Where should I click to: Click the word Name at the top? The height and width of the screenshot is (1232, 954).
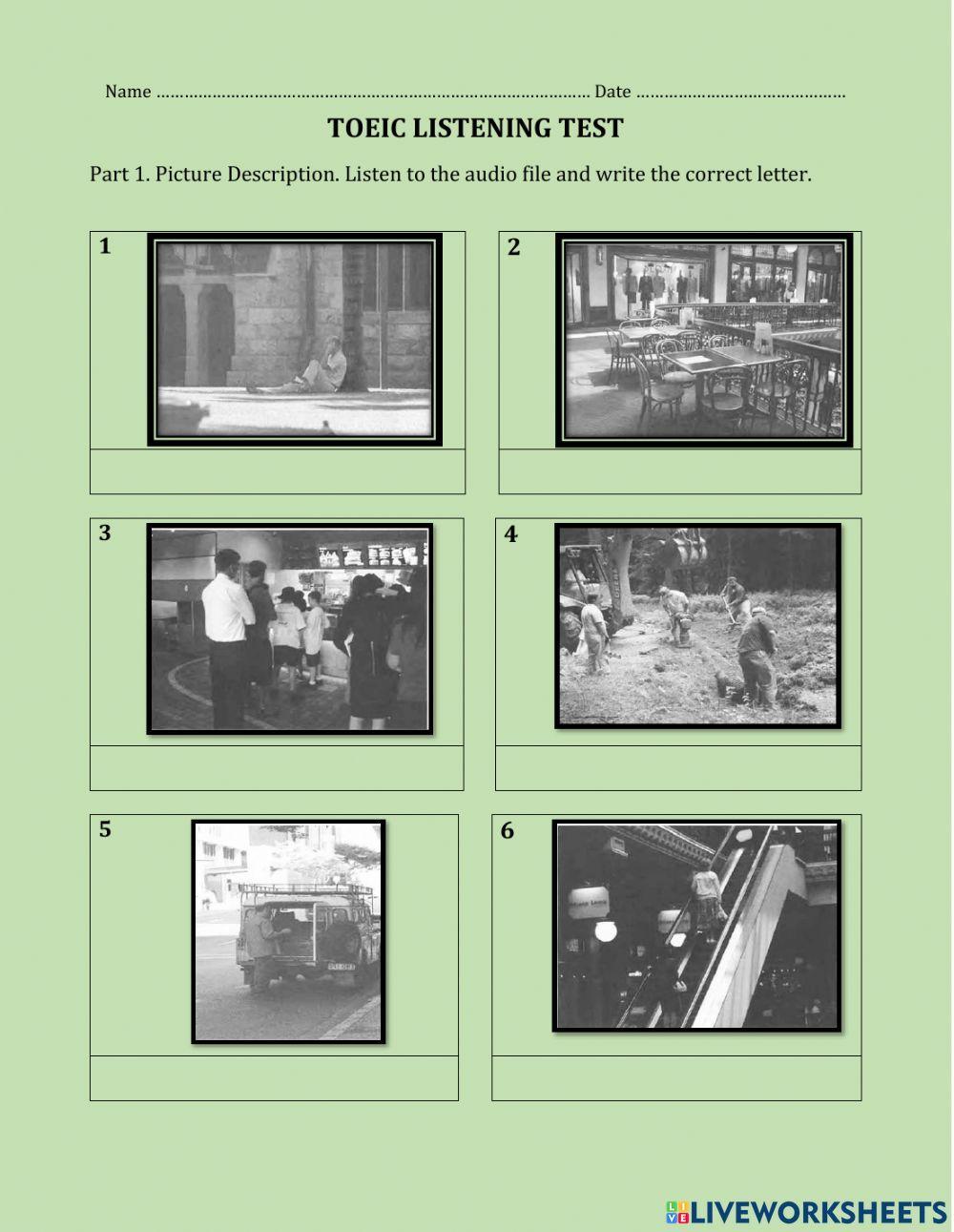128,92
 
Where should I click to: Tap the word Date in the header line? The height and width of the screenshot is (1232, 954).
612,92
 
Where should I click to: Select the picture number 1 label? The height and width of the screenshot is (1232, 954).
105,246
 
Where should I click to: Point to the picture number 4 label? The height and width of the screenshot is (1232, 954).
510,534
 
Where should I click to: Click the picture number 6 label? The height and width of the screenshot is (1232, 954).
507,830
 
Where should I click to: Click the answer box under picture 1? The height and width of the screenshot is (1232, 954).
278,471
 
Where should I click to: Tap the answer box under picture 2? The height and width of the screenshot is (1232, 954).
680,471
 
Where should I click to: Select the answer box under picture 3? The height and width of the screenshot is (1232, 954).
277,768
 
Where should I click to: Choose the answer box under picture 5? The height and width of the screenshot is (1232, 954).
274,1077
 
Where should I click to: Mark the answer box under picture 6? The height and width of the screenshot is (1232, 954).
676,1077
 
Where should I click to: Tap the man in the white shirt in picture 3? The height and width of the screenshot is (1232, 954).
227,637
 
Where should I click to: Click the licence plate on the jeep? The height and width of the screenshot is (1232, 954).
341,967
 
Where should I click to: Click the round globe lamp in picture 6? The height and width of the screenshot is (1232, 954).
605,930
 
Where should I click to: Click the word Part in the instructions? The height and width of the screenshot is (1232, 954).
110,174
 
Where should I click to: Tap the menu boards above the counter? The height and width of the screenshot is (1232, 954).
371,554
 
